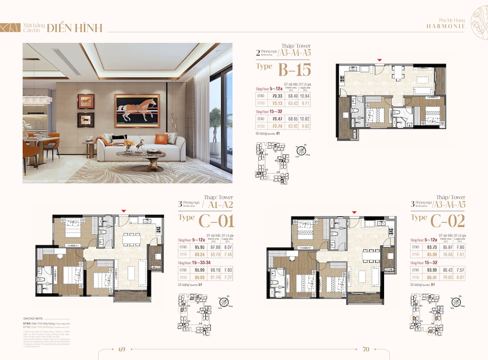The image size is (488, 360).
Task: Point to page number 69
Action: (x=122, y=349)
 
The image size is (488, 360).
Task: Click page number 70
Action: (x=366, y=349)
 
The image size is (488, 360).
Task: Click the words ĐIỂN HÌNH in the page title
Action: (x=75, y=28)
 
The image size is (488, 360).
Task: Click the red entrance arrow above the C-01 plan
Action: (x=124, y=211)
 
